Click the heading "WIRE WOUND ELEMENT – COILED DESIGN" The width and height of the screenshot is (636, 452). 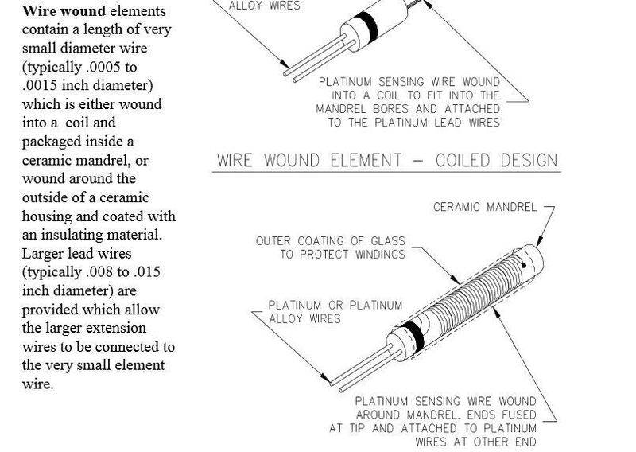[x=387, y=159]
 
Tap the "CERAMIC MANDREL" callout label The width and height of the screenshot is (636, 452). [x=483, y=208]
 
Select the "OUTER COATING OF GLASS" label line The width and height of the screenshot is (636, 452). [x=329, y=240]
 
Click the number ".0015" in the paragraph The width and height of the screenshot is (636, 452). [x=41, y=85]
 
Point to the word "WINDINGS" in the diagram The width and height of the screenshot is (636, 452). [x=375, y=254]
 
